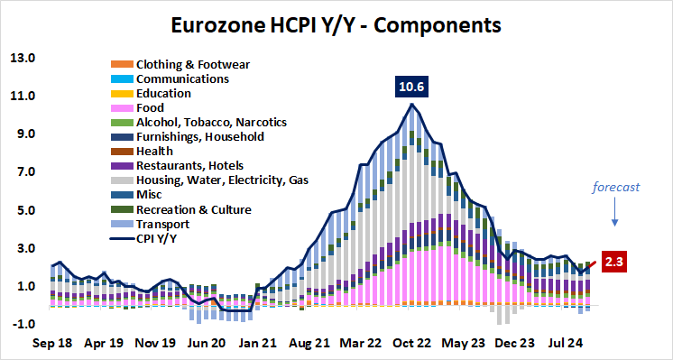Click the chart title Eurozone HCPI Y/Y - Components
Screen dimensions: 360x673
(x=336, y=24)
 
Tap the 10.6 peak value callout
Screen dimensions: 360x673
(x=411, y=88)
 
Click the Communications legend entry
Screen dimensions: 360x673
(x=181, y=78)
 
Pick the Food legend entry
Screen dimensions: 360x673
(x=151, y=107)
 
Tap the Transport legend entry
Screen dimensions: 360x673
(x=161, y=224)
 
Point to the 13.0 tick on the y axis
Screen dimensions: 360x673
(x=22, y=59)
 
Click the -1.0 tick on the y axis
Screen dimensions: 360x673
(x=22, y=325)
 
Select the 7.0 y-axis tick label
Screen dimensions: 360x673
(x=22, y=172)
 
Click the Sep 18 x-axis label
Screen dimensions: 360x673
(x=52, y=343)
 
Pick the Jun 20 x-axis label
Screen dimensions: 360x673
(x=206, y=343)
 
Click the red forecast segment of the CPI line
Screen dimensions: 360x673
(x=590, y=267)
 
